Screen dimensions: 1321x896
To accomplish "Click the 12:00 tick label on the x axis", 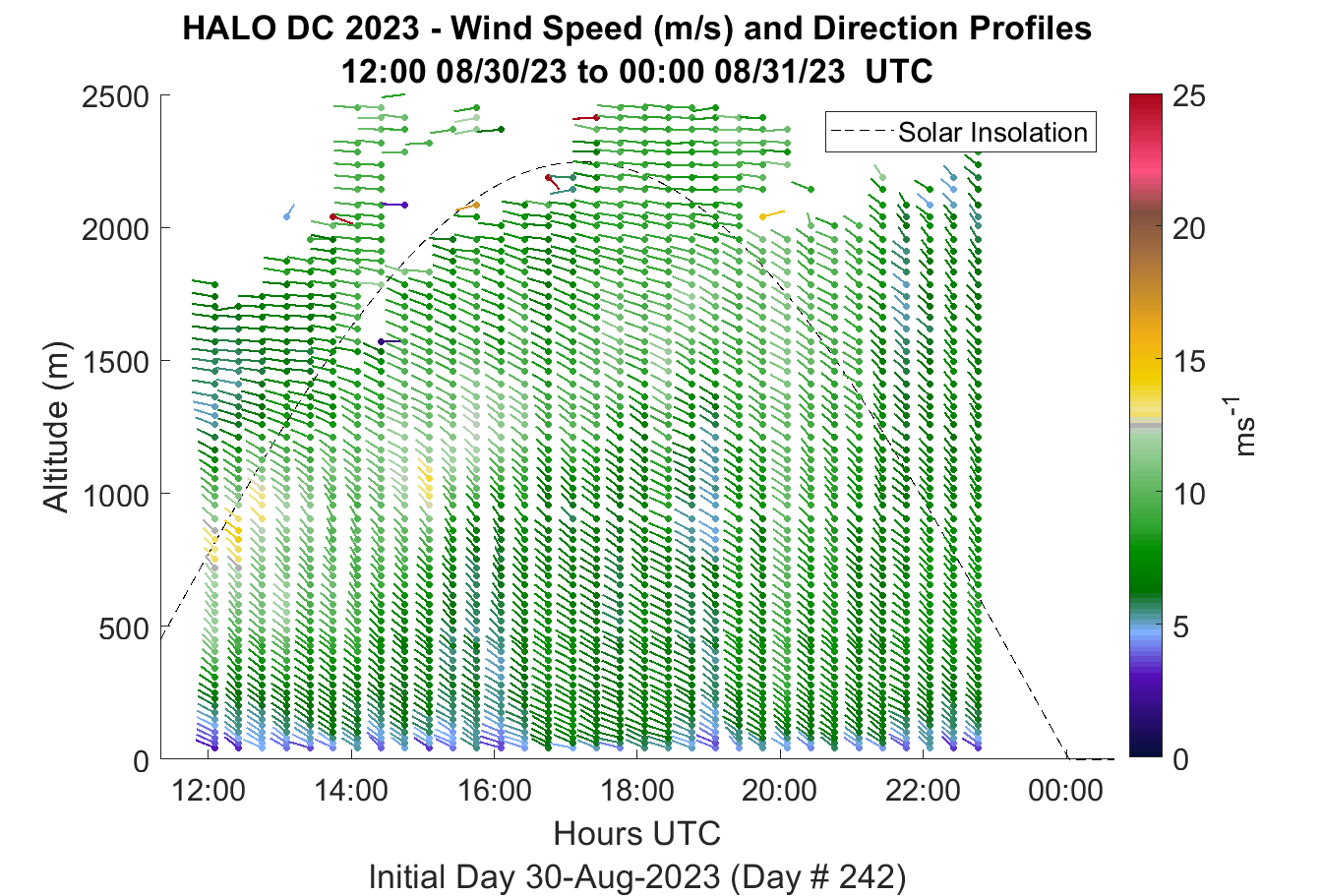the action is [x=209, y=791].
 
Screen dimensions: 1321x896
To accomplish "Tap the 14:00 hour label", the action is [x=351, y=791].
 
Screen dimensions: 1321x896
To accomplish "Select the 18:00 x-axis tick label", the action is [x=637, y=791].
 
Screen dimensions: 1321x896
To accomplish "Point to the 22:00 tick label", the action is [x=923, y=791].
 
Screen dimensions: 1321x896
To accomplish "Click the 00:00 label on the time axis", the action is [x=1065, y=791].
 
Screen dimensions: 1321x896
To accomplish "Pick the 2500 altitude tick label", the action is [x=115, y=97].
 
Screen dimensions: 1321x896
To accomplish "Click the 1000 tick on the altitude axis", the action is [x=115, y=496].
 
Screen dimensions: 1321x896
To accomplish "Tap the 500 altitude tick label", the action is [x=124, y=628].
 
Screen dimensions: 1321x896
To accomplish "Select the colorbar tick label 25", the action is [x=1189, y=96].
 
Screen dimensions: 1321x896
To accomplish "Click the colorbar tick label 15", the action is [x=1189, y=362].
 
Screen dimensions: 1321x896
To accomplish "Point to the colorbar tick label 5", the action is [x=1180, y=627].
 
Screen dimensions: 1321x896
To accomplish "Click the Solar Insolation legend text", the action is [x=992, y=133].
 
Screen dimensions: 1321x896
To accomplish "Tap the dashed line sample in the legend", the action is [x=863, y=132].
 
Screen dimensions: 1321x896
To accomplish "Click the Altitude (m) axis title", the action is [x=57, y=427].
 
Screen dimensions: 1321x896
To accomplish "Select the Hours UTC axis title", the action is [x=637, y=834].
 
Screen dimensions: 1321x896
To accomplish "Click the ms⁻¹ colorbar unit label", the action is [x=1242, y=427].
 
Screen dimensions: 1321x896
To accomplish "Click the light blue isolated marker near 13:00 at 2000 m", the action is [x=289, y=211].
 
